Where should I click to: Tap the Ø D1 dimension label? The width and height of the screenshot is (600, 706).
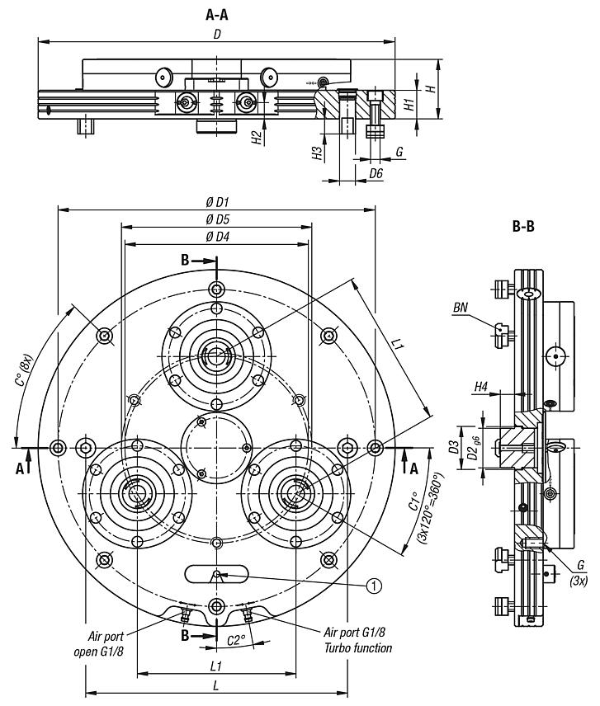point(217,202)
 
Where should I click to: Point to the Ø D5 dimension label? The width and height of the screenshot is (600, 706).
point(217,219)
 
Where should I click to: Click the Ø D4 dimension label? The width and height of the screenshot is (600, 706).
point(217,238)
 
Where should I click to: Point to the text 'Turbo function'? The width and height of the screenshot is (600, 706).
point(359,647)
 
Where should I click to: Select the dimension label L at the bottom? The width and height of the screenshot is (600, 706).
point(216,686)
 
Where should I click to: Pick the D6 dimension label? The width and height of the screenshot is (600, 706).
point(376,172)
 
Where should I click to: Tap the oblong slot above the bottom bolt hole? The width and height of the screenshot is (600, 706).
point(216,574)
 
